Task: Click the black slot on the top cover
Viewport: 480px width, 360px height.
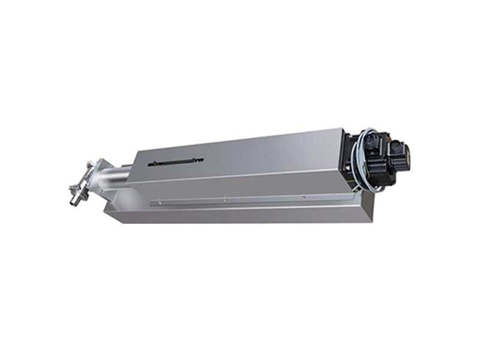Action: click(x=176, y=161)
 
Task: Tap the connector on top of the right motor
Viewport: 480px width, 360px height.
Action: click(x=396, y=144)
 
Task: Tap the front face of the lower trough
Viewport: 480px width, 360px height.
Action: click(x=240, y=213)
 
